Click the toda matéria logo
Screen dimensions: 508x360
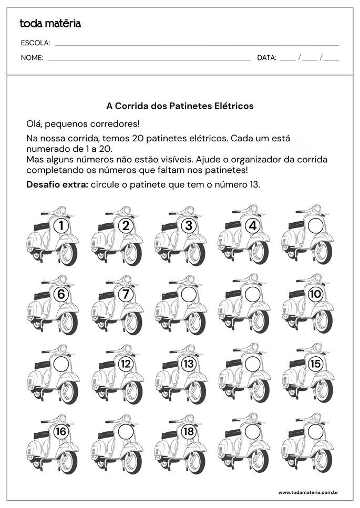(50, 23)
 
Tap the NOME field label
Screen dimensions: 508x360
(32, 58)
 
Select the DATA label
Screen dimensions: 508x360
(266, 58)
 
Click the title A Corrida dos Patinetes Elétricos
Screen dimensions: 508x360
(180, 106)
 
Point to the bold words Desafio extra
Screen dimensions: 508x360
(57, 185)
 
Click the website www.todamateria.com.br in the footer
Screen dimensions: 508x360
(307, 492)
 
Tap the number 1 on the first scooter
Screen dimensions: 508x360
(61, 226)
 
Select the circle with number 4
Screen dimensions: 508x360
(253, 226)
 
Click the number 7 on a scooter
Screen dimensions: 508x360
(125, 294)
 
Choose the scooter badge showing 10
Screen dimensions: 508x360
(315, 294)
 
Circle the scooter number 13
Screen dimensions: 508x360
(188, 363)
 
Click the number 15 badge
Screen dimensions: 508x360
(315, 363)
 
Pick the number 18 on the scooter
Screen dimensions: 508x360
(188, 432)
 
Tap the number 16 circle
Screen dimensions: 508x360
(61, 432)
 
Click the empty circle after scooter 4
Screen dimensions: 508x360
(315, 226)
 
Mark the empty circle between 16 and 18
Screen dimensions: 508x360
(125, 432)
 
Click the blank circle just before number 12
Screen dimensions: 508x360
(61, 363)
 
